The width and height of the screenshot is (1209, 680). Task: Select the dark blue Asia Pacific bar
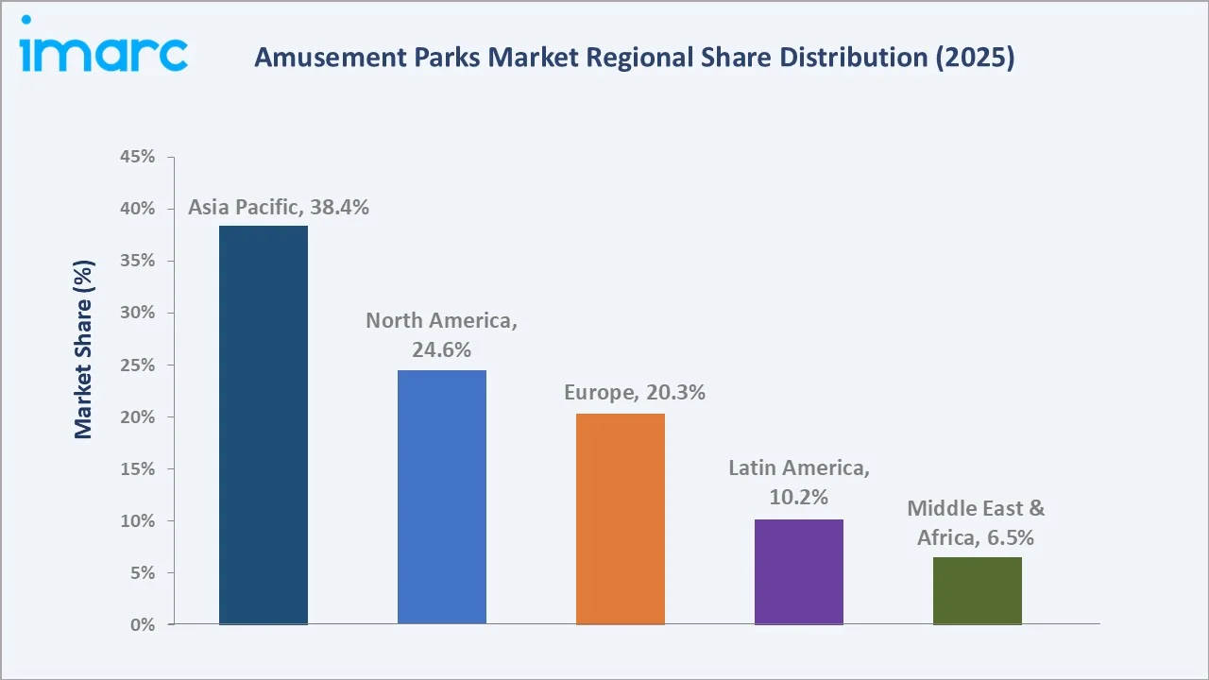264,425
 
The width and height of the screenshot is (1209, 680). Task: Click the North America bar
442,497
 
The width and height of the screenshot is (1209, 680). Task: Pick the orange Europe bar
621,519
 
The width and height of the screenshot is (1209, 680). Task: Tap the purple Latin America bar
799,571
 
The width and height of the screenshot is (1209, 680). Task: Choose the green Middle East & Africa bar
978,591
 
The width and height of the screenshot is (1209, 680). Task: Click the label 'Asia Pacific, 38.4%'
279,208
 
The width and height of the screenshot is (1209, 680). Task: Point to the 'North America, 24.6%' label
442,334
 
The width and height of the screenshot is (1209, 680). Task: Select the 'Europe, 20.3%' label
635,393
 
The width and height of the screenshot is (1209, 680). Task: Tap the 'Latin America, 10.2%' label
799,482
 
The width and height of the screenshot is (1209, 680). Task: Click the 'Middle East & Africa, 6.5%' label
977,522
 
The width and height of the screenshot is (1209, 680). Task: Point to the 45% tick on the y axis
138,157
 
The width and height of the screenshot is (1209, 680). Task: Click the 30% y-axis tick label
138,313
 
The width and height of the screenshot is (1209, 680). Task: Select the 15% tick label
138,469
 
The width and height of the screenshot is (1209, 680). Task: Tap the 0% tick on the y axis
143,625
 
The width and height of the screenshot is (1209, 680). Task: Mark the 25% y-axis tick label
138,365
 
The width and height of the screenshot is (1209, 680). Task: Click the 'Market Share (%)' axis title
83,349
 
